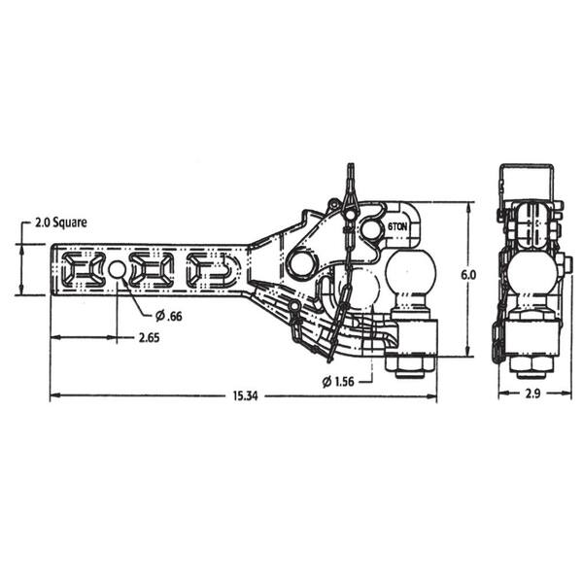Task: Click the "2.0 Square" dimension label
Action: (x=61, y=222)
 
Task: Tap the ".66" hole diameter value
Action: (x=173, y=315)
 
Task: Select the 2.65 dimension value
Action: (x=148, y=338)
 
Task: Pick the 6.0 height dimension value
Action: (x=468, y=275)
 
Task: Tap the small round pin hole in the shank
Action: (x=117, y=269)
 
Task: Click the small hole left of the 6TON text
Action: (x=371, y=228)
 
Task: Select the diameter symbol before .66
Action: (x=159, y=315)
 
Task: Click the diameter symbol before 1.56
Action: (x=326, y=381)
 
